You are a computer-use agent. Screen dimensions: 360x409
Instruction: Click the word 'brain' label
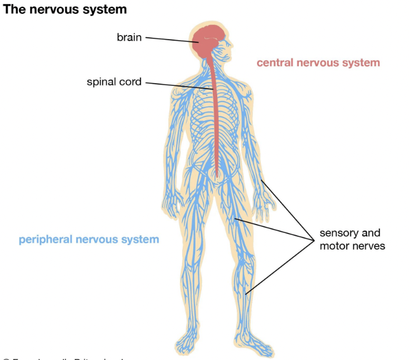tap(129, 38)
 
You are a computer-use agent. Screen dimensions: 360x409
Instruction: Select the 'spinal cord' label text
tap(114, 82)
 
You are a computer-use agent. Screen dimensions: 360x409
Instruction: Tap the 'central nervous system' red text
tap(318, 62)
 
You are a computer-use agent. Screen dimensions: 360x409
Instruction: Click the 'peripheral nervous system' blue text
tap(89, 240)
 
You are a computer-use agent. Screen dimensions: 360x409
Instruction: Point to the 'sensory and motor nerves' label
tap(352, 239)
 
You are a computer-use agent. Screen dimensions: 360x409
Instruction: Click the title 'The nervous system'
tap(65, 9)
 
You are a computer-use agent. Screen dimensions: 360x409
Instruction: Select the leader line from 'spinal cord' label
tap(178, 85)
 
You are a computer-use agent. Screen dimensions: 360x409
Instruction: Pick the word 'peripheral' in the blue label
tap(45, 240)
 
